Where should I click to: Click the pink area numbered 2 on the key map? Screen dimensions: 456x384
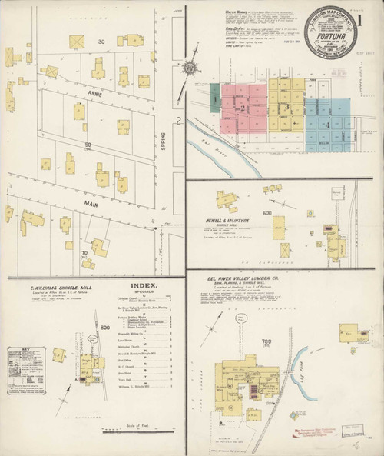pos(244,108)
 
